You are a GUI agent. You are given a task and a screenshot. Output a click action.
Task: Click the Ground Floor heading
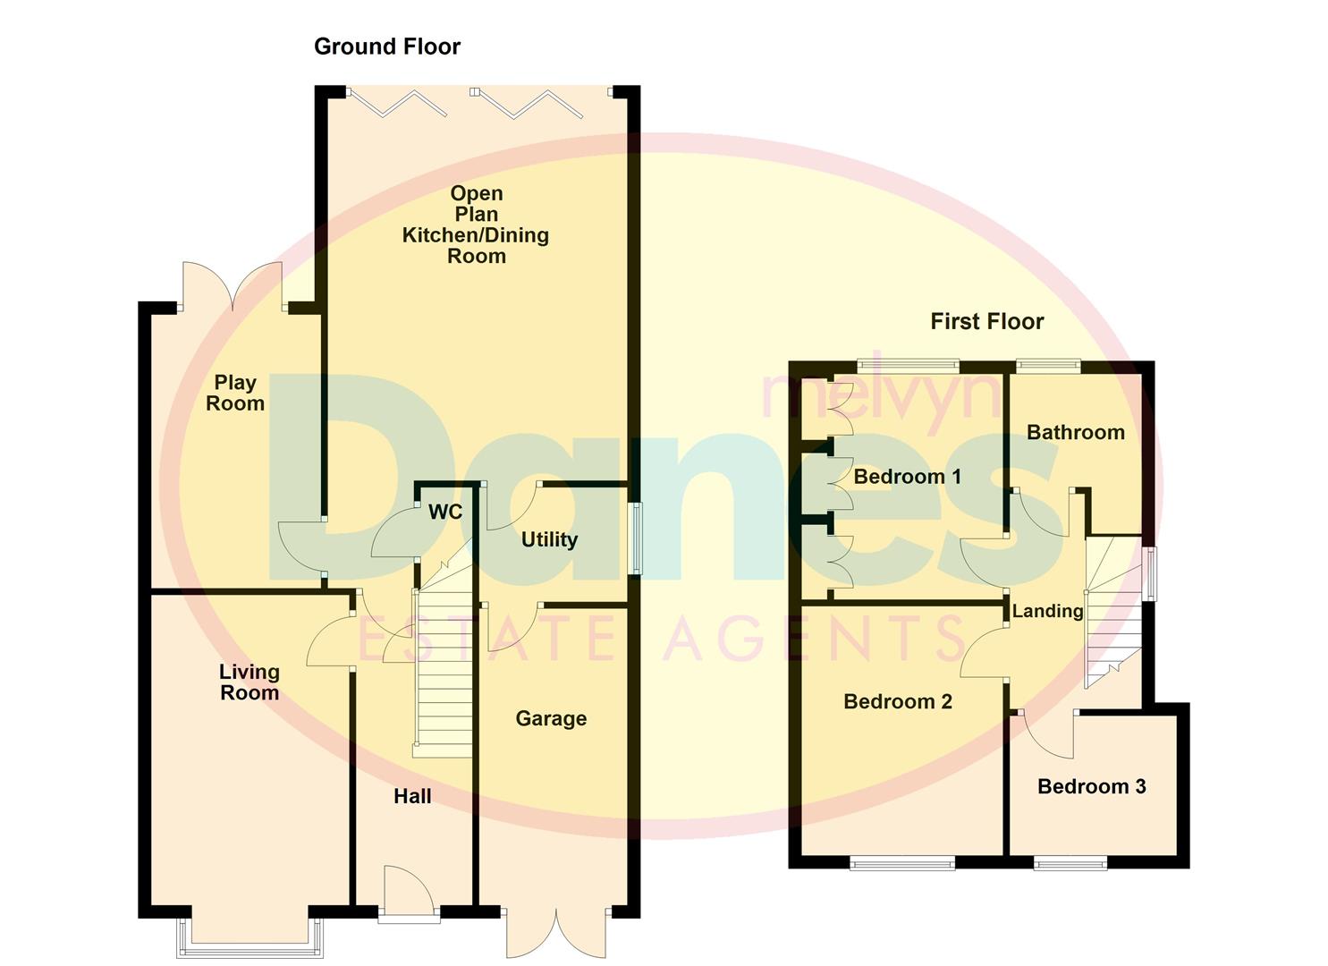coord(386,47)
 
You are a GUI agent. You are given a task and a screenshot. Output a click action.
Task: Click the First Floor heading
coord(986,322)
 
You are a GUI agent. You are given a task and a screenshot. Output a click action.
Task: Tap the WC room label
coord(445,512)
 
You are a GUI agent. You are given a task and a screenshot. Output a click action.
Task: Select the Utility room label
coord(549,539)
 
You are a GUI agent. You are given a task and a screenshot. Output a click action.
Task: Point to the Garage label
coord(551,718)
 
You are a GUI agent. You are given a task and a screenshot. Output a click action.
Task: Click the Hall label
coord(412,796)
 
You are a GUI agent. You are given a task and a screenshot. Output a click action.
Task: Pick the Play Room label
coord(235,393)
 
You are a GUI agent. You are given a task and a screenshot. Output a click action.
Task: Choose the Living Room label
coord(250,682)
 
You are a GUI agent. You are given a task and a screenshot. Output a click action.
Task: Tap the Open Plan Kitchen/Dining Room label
coord(476,225)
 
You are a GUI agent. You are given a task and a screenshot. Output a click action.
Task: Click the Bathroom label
coord(1075,433)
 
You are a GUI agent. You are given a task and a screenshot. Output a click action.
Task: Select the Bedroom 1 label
coord(907,477)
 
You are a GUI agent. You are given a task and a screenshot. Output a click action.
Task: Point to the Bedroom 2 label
coord(898,701)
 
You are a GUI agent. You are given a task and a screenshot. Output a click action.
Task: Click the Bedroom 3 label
coord(1091,786)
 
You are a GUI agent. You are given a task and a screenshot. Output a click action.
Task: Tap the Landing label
coord(1047,611)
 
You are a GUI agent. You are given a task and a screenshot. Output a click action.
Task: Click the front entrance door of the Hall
coord(408,894)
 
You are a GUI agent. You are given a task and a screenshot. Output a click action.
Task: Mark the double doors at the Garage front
coord(556,935)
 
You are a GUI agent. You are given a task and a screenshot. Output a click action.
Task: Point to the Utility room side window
coord(637,538)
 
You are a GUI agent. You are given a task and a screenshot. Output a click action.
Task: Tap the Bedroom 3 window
coord(1070,863)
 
